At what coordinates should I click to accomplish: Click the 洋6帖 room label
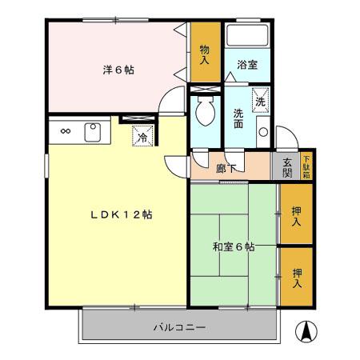click(117, 70)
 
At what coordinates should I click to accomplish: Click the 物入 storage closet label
click(205, 54)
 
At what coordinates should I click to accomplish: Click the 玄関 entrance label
click(287, 168)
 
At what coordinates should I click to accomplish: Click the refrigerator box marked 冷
click(142, 136)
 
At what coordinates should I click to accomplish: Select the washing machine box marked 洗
click(259, 102)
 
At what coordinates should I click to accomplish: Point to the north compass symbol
click(305, 329)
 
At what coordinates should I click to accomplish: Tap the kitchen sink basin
click(93, 130)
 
